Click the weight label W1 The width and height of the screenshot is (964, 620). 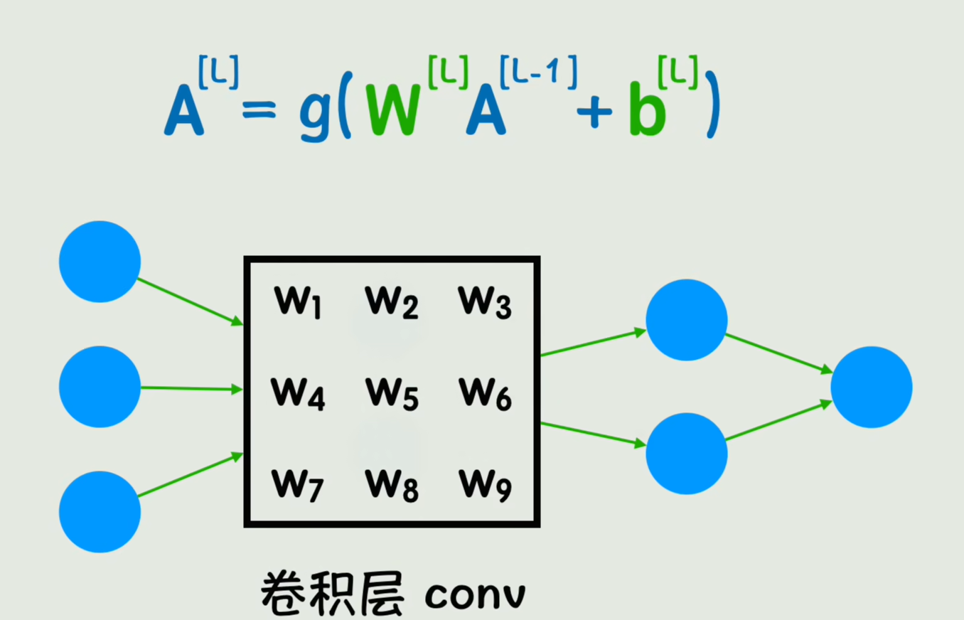tap(297, 303)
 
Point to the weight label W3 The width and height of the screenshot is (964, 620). tap(485, 302)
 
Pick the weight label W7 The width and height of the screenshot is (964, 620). tap(297, 486)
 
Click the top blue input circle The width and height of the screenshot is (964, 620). tap(100, 262)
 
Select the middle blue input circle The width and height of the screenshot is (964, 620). tap(100, 387)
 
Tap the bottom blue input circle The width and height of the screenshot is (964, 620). tap(100, 512)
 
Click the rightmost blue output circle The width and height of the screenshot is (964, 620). tap(872, 387)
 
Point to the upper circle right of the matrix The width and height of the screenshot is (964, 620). tap(687, 320)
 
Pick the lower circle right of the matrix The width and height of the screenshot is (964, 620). tap(687, 454)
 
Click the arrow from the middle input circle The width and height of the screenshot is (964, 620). tap(192, 388)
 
